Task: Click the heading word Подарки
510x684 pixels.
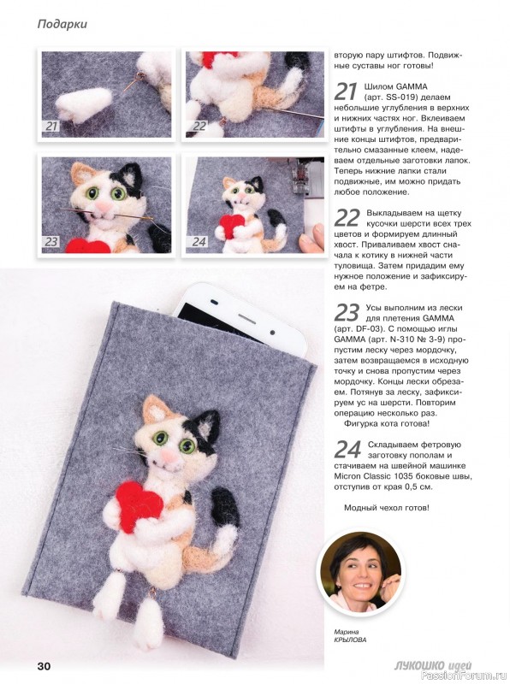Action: (x=62, y=24)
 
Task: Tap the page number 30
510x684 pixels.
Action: (x=44, y=666)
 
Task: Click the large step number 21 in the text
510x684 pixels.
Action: (x=347, y=91)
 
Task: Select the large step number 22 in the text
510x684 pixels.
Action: (x=347, y=218)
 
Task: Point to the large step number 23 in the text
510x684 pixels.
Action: (x=347, y=312)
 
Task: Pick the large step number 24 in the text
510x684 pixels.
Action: (x=347, y=450)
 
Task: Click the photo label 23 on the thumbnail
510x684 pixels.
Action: (x=51, y=241)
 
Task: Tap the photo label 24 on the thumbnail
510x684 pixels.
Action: (x=199, y=241)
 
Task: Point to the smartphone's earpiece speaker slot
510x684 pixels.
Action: (x=247, y=315)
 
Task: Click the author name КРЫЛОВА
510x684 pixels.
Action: (x=350, y=640)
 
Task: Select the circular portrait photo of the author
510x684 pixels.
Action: (x=360, y=571)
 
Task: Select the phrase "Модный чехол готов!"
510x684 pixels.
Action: (x=387, y=508)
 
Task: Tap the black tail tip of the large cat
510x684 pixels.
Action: (x=226, y=506)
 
